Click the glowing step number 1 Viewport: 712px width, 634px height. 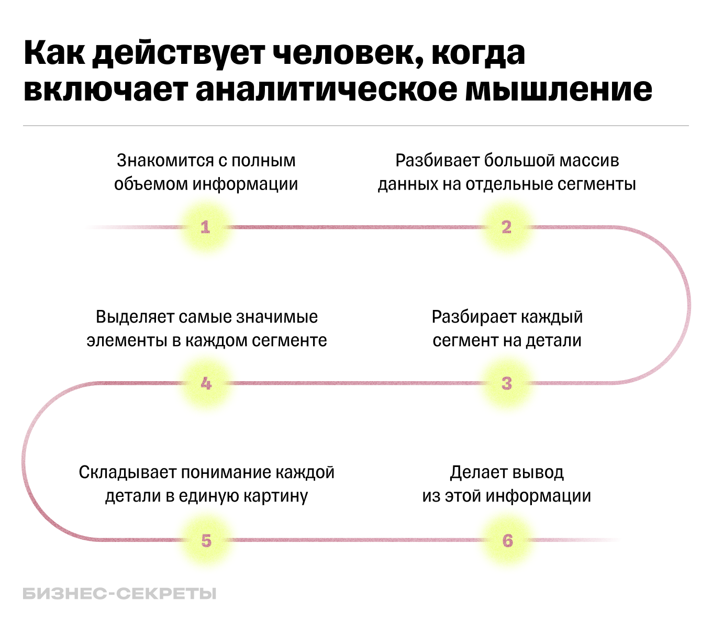coord(205,227)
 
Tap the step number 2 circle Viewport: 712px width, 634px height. coord(506,227)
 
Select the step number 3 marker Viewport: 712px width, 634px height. coord(506,383)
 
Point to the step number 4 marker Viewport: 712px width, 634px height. coord(206,383)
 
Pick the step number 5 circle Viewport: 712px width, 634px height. coord(206,540)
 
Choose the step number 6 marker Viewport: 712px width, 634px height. coord(507,540)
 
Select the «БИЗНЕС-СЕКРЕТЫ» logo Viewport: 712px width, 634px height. coord(119,594)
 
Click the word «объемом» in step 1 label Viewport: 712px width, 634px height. coord(151,184)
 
